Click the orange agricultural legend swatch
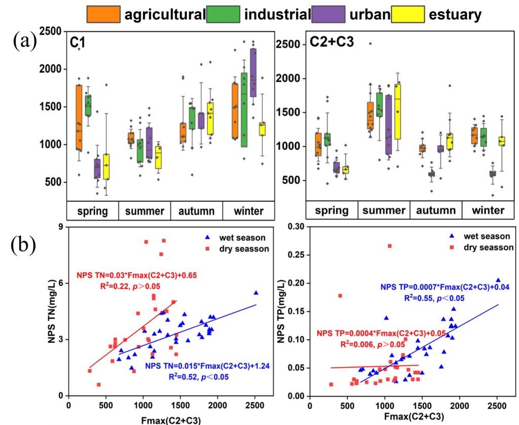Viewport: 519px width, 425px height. [x=104, y=15]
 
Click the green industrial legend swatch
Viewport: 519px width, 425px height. [x=224, y=15]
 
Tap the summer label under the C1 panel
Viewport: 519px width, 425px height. [x=144, y=210]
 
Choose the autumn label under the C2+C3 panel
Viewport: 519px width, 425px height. [x=435, y=210]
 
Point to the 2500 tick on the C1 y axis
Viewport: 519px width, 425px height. [x=50, y=32]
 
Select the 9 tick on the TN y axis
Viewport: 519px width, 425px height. [x=60, y=227]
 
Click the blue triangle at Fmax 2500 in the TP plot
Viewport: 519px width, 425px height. [x=498, y=280]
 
